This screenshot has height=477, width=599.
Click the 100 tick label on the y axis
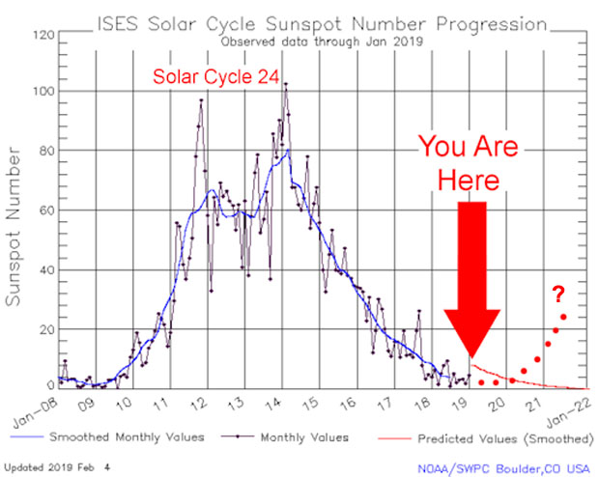[x=43, y=92]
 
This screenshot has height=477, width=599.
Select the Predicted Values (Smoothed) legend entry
[x=496, y=437]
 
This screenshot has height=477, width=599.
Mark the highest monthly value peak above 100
[x=285, y=84]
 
